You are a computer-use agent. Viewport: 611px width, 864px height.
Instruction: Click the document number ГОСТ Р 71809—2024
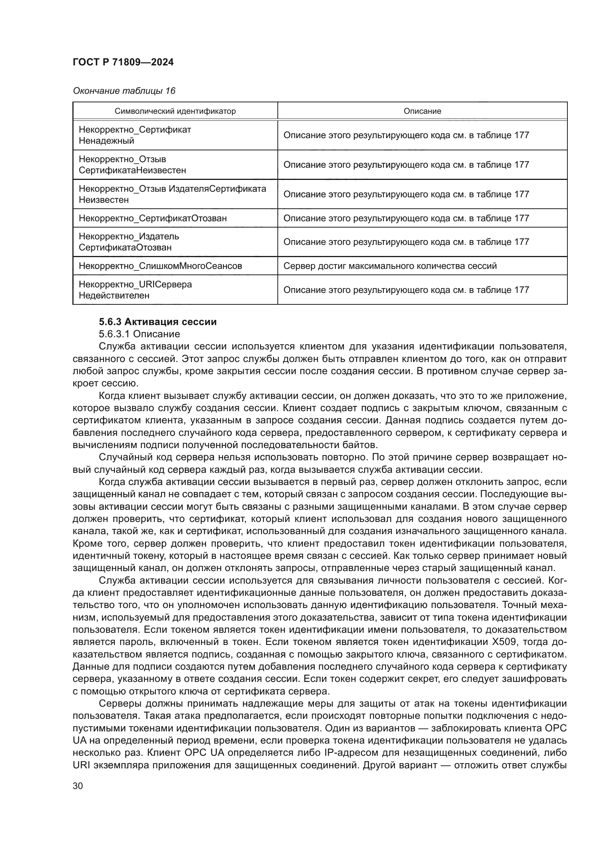[123, 62]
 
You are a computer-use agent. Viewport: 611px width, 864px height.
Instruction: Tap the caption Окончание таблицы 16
[124, 91]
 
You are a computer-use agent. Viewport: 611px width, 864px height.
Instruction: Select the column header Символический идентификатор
[175, 111]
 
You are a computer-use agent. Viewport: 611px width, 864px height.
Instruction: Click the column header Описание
[422, 111]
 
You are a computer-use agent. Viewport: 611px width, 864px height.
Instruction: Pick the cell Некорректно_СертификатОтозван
[153, 218]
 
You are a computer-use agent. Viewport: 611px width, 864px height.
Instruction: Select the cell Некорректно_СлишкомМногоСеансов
[160, 266]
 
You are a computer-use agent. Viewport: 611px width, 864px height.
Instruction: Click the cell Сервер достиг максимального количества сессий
[390, 266]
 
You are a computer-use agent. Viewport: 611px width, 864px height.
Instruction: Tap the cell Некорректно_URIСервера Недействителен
[135, 290]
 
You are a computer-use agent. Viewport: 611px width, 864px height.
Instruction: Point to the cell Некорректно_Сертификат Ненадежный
[135, 135]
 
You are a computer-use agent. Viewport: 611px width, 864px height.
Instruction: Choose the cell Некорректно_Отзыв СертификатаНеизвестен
[132, 165]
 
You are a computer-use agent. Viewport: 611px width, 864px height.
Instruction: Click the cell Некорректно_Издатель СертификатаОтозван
[129, 242]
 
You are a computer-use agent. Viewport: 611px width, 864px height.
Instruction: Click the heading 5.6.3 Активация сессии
[158, 322]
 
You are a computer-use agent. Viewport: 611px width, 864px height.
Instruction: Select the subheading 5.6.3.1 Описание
[139, 334]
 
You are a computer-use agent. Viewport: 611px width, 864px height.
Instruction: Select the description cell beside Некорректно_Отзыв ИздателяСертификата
[406, 194]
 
